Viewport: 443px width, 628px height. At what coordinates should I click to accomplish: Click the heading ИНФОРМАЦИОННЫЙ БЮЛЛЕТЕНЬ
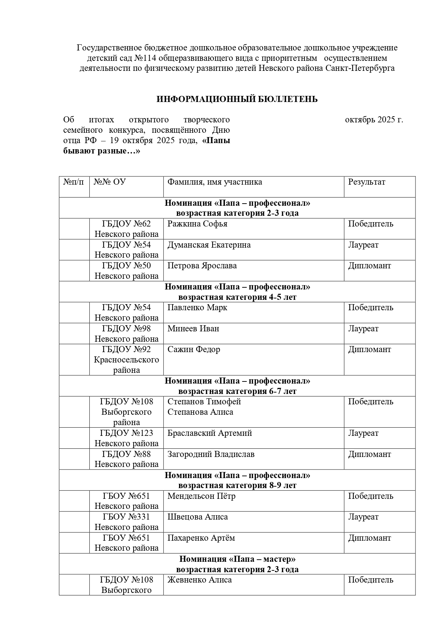237,99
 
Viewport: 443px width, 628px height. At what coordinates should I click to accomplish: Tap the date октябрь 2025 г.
374,120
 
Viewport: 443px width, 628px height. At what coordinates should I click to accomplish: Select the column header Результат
367,182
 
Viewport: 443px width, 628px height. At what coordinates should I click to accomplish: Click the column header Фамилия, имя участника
215,182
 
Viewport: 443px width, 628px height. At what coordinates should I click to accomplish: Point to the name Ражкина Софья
197,224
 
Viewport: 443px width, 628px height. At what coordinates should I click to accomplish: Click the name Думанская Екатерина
209,245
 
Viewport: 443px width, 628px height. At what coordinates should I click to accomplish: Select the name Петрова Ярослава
202,266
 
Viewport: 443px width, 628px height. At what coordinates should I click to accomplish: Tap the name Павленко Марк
197,308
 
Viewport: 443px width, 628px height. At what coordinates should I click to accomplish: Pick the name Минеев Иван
193,329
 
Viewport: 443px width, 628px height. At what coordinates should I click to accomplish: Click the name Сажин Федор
194,350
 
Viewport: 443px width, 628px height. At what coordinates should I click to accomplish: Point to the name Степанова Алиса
200,412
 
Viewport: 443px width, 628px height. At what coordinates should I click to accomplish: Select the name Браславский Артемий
210,433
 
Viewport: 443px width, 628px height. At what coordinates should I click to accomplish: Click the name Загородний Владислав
211,454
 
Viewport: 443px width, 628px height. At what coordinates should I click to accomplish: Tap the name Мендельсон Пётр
201,496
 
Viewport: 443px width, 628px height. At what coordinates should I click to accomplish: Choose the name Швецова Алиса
198,517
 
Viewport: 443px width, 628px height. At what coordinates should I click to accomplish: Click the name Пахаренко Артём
201,538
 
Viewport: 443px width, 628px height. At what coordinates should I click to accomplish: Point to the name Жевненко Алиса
199,580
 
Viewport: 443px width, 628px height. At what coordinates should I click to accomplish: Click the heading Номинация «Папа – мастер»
237,559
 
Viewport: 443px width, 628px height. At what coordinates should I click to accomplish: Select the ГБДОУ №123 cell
126,438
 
